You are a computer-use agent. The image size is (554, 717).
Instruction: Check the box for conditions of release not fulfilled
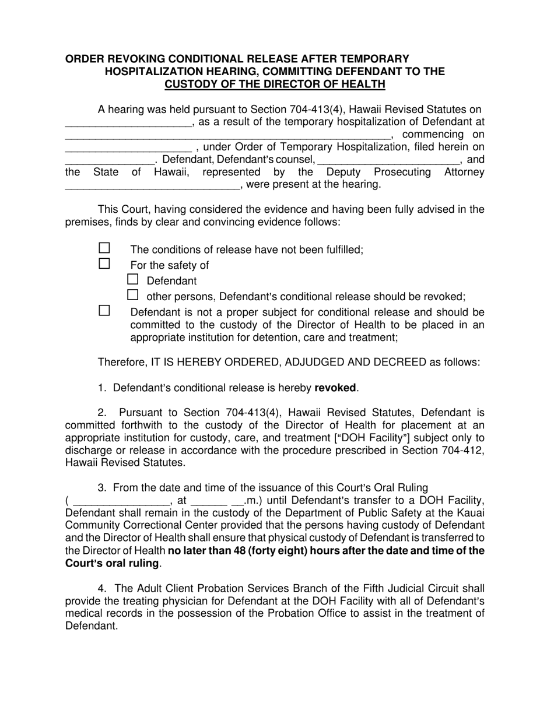pos(104,248)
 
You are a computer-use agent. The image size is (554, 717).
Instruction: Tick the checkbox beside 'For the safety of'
pos(104,263)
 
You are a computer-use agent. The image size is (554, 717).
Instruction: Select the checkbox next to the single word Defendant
pos(133,279)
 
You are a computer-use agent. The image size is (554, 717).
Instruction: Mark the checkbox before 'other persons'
pos(133,294)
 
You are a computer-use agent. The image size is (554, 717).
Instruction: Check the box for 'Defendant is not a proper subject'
pos(104,310)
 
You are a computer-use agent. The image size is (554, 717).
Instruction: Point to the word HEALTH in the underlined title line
pos(365,85)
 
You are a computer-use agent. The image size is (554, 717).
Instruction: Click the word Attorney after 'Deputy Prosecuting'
pos(464,172)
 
